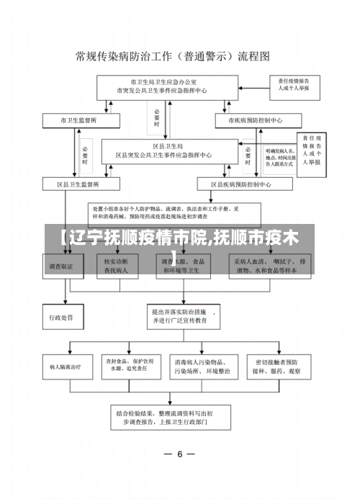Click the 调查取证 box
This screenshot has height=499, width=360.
[63, 266]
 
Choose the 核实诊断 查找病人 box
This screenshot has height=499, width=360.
[116, 266]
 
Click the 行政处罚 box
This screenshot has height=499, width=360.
[63, 316]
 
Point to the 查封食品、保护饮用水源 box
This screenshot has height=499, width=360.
[130, 365]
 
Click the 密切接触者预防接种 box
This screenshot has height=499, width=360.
[278, 365]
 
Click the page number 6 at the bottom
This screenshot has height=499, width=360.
[180, 454]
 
